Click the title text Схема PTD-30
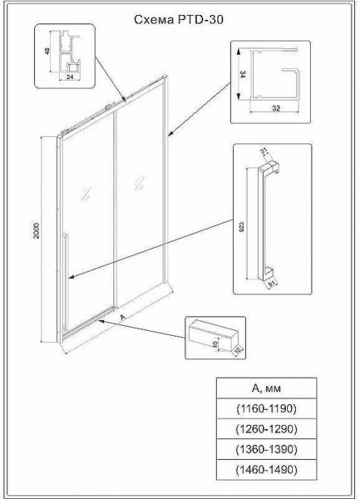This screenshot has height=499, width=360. point(179,21)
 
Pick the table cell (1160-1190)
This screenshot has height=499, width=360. point(265,409)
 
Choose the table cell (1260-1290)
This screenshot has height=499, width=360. point(265,429)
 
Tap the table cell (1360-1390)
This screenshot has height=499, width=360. point(265,450)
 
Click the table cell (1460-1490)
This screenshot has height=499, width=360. point(265,470)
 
